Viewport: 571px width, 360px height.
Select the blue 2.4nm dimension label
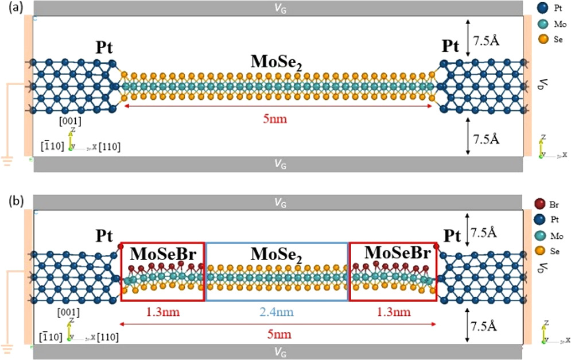[x=277, y=312]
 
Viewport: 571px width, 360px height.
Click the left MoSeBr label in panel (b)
[x=162, y=253]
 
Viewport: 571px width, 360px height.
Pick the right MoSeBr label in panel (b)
[x=393, y=253]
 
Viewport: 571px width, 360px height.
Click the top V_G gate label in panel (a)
[x=279, y=7]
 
